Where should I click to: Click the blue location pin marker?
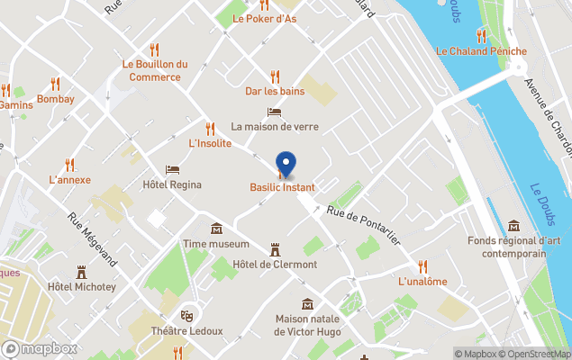tap(286, 164)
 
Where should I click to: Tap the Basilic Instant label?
tap(283, 187)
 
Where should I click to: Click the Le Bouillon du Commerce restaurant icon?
tap(154, 49)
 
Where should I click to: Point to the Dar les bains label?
tap(275, 91)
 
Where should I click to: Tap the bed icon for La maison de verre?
tap(275, 112)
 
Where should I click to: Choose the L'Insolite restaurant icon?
tap(210, 129)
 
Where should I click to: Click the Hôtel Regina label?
tap(172, 184)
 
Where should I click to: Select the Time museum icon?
tap(216, 229)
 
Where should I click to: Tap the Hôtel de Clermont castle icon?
tap(276, 248)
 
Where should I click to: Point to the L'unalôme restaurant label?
tap(422, 282)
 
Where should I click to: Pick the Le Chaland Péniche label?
tap(481, 51)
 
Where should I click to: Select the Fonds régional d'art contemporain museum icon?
tap(513, 225)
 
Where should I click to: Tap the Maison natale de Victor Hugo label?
tap(307, 325)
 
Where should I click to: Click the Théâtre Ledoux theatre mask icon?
tap(187, 315)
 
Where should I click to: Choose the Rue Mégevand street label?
tap(94, 239)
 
